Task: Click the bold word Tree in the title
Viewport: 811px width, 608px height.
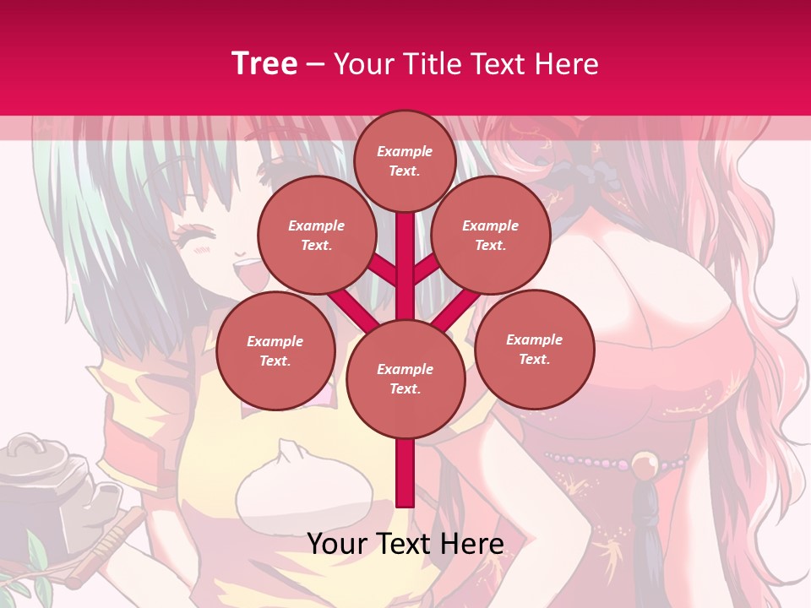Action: click(x=264, y=64)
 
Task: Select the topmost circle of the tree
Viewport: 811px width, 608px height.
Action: click(x=405, y=160)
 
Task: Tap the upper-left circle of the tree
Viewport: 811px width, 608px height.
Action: click(x=317, y=235)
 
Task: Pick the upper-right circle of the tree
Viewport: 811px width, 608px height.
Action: click(x=491, y=235)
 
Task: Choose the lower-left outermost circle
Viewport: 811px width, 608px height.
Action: click(x=275, y=350)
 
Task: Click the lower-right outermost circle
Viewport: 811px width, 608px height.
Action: click(x=535, y=348)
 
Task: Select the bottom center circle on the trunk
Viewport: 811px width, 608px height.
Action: click(x=405, y=378)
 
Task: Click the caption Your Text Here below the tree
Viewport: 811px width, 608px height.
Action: click(x=405, y=544)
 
